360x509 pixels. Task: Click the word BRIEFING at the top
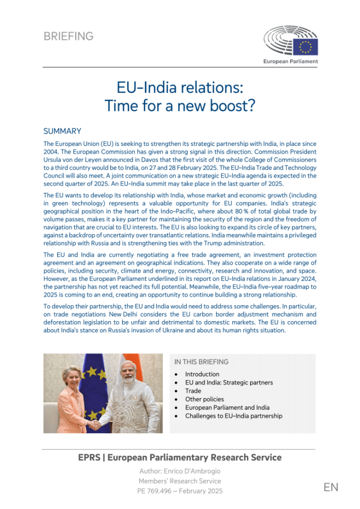pyautogui.click(x=68, y=37)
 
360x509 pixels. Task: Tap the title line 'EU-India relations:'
pyautogui.click(x=180, y=87)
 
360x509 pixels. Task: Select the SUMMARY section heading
pyautogui.click(x=62, y=131)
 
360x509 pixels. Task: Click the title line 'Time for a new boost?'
pyautogui.click(x=180, y=106)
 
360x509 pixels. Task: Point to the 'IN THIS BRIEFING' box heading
pyautogui.click(x=201, y=362)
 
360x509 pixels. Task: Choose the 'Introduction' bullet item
pyautogui.click(x=203, y=374)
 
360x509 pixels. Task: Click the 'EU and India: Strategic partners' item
pyautogui.click(x=229, y=382)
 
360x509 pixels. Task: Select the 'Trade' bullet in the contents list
pyautogui.click(x=193, y=391)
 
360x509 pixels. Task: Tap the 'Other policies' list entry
pyautogui.click(x=204, y=399)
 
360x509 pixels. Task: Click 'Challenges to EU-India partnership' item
pyautogui.click(x=233, y=416)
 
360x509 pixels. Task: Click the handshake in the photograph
pyautogui.click(x=94, y=424)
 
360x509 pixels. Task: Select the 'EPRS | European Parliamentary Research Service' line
pyautogui.click(x=180, y=458)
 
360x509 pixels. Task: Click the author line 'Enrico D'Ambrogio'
pyautogui.click(x=180, y=471)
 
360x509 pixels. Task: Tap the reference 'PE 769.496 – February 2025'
pyautogui.click(x=180, y=491)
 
